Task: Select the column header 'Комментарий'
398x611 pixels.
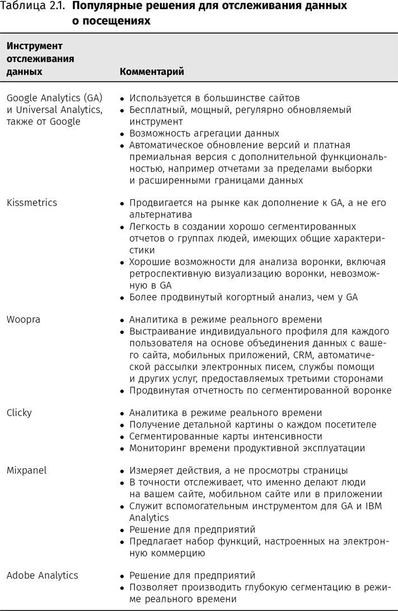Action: click(x=152, y=72)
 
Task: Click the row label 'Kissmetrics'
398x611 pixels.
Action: click(x=31, y=203)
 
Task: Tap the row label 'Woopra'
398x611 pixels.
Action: click(x=24, y=319)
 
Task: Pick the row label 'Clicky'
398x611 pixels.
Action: click(x=19, y=412)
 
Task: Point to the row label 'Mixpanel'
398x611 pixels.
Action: click(x=26, y=471)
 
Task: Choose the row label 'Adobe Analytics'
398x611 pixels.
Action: click(x=42, y=575)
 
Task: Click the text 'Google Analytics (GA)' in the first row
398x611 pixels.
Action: click(x=54, y=97)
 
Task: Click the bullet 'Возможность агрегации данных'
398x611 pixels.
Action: click(x=204, y=133)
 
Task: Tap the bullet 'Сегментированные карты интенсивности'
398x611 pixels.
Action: click(x=226, y=436)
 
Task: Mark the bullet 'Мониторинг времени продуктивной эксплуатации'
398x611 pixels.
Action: click(x=247, y=448)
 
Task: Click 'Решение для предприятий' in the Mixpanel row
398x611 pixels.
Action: click(x=192, y=529)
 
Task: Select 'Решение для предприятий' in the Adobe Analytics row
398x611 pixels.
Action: click(x=192, y=575)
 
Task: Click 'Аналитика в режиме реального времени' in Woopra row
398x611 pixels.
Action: click(x=226, y=319)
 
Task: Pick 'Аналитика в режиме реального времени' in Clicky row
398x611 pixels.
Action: click(x=226, y=412)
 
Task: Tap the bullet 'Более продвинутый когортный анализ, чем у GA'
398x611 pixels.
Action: click(x=243, y=297)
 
